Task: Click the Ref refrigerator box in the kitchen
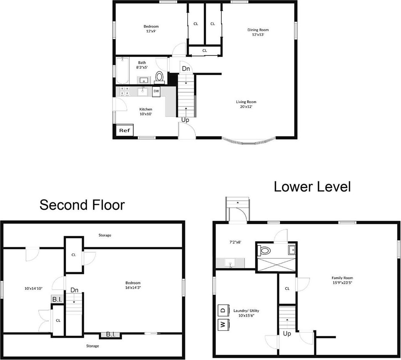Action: pos(123,130)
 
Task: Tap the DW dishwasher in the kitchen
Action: pos(156,91)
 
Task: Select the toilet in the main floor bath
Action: pos(159,77)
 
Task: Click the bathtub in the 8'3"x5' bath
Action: pos(122,70)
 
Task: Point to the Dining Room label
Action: pos(258,32)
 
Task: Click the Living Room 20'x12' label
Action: pos(246,104)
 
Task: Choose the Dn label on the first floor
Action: pos(186,69)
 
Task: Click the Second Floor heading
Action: pos(82,205)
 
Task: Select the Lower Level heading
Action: pos(312,186)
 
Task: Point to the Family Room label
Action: pos(342,280)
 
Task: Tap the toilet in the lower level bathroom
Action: pos(265,251)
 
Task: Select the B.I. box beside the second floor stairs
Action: pos(57,299)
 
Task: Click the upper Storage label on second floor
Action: pos(105,235)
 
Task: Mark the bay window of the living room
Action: pos(249,141)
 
